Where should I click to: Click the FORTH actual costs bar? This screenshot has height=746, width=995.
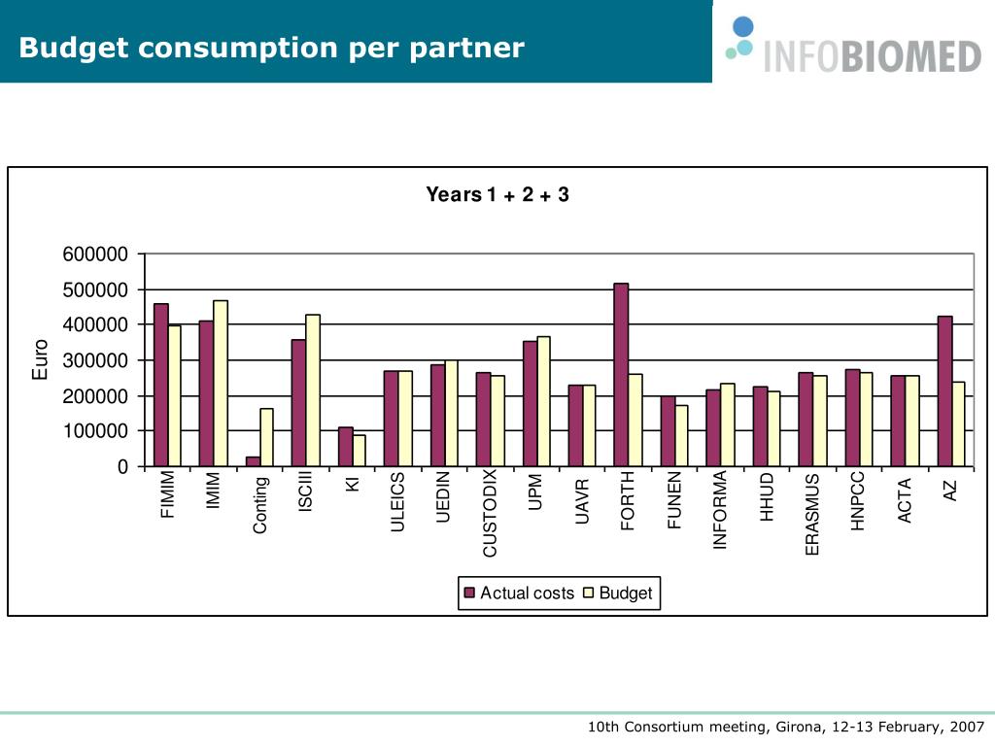[621, 375]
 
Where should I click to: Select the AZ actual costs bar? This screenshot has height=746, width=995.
[944, 390]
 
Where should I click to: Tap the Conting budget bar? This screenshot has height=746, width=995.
[266, 437]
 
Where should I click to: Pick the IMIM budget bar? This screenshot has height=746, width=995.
[221, 383]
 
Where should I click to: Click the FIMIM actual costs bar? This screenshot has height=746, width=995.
[160, 385]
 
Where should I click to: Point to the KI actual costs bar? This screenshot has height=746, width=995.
[345, 446]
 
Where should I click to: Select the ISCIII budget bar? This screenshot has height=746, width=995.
[313, 390]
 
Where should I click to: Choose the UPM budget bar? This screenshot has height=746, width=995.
[544, 401]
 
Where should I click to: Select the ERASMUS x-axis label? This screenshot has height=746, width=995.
[813, 514]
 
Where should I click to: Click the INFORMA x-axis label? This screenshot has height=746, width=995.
[720, 510]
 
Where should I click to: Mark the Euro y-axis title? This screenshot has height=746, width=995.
[40, 359]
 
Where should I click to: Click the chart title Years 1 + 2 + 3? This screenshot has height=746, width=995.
[497, 195]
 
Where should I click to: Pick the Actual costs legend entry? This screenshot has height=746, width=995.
[520, 593]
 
